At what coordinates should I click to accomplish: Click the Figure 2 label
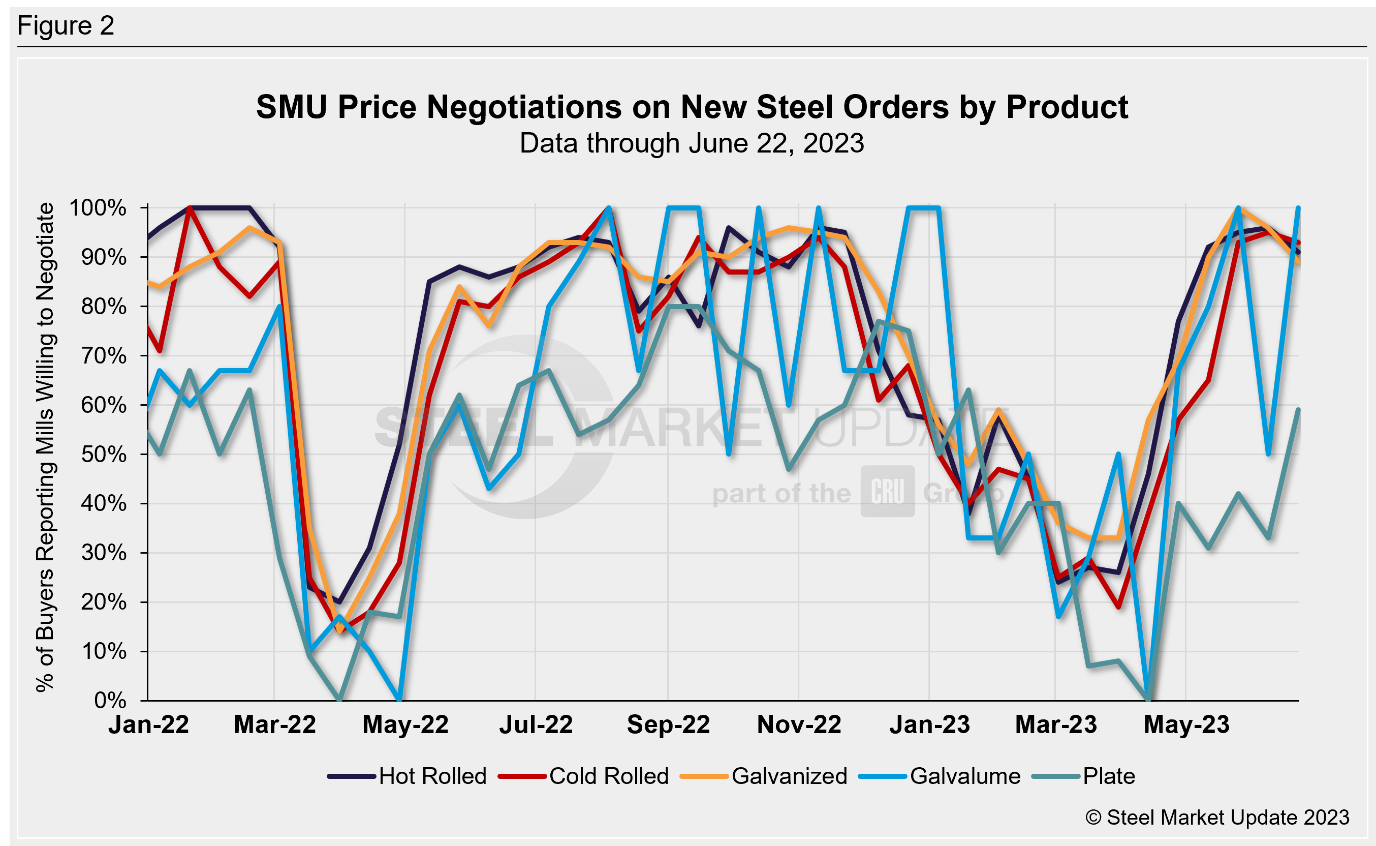tap(66, 26)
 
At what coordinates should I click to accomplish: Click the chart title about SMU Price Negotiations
tap(692, 107)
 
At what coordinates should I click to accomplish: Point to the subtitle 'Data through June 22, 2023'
tap(692, 143)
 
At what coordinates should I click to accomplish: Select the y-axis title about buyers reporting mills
tap(45, 447)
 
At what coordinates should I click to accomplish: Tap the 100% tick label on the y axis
tap(98, 208)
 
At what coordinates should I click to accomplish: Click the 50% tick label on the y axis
tap(104, 455)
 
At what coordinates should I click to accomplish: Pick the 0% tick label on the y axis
tap(110, 701)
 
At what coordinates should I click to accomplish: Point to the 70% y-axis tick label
tap(104, 356)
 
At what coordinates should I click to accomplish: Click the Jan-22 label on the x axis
tap(149, 725)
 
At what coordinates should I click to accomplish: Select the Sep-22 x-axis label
tap(668, 725)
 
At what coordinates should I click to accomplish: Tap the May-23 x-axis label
tap(1186, 725)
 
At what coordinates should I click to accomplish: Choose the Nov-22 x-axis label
tap(799, 725)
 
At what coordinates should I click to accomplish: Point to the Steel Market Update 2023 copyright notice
tap(1217, 818)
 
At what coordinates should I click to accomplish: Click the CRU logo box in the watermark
tap(887, 491)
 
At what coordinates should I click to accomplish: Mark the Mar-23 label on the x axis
tap(1055, 725)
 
